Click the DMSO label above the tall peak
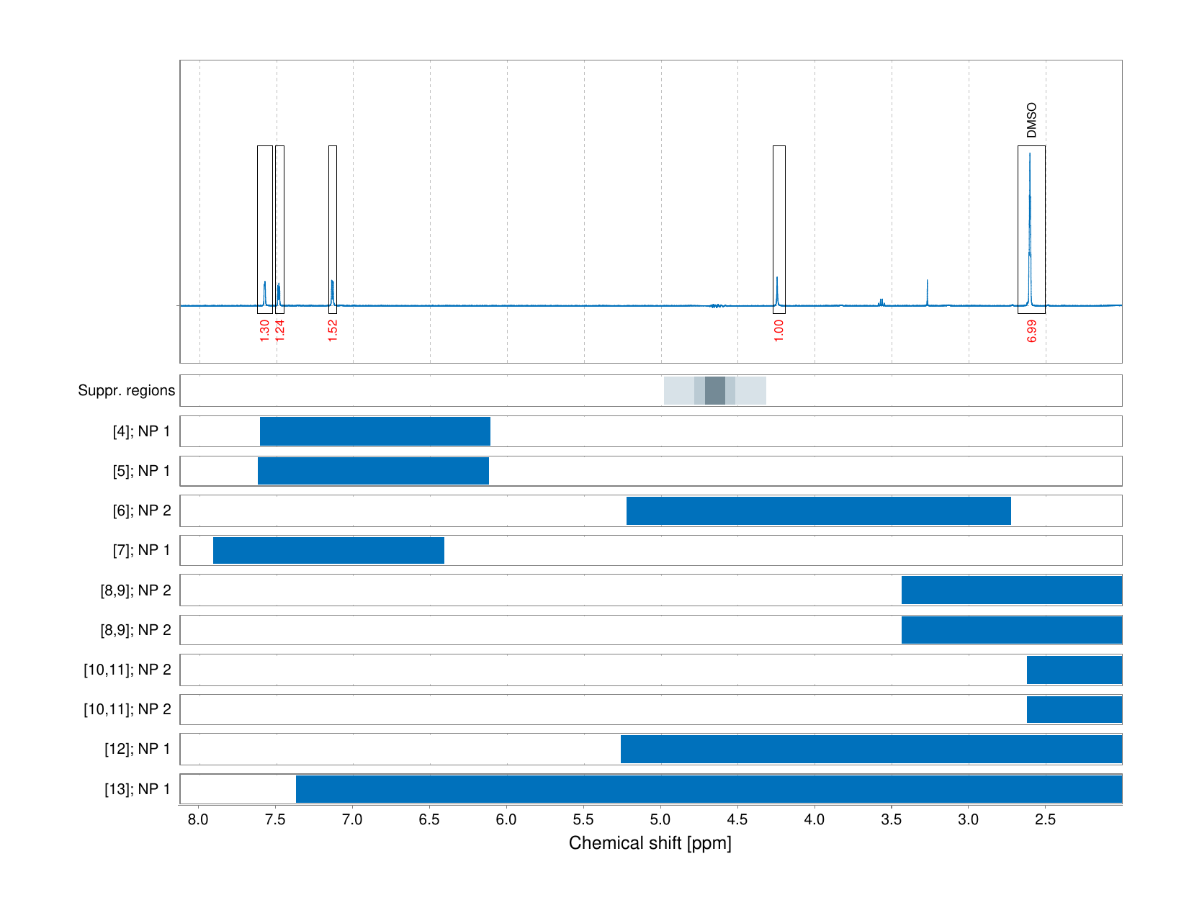pyautogui.click(x=1031, y=120)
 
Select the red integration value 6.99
pyautogui.click(x=1031, y=330)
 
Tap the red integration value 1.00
pyautogui.click(x=779, y=330)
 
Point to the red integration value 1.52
pyautogui.click(x=333, y=330)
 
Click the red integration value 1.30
pyautogui.click(x=264, y=330)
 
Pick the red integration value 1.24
pyautogui.click(x=280, y=330)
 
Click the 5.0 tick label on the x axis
pyautogui.click(x=660, y=819)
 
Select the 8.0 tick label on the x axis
pyautogui.click(x=198, y=819)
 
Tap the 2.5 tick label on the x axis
pyautogui.click(x=1045, y=819)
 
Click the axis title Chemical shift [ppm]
pyautogui.click(x=650, y=843)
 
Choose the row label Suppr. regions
pyautogui.click(x=126, y=390)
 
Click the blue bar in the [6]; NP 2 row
pyautogui.click(x=818, y=510)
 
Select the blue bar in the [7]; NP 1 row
pyautogui.click(x=328, y=550)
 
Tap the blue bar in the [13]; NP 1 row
pyautogui.click(x=709, y=788)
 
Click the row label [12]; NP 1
pyautogui.click(x=138, y=749)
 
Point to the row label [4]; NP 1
pyautogui.click(x=141, y=431)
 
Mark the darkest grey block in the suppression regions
pyautogui.click(x=714, y=390)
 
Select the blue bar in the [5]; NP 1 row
pyautogui.click(x=373, y=471)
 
